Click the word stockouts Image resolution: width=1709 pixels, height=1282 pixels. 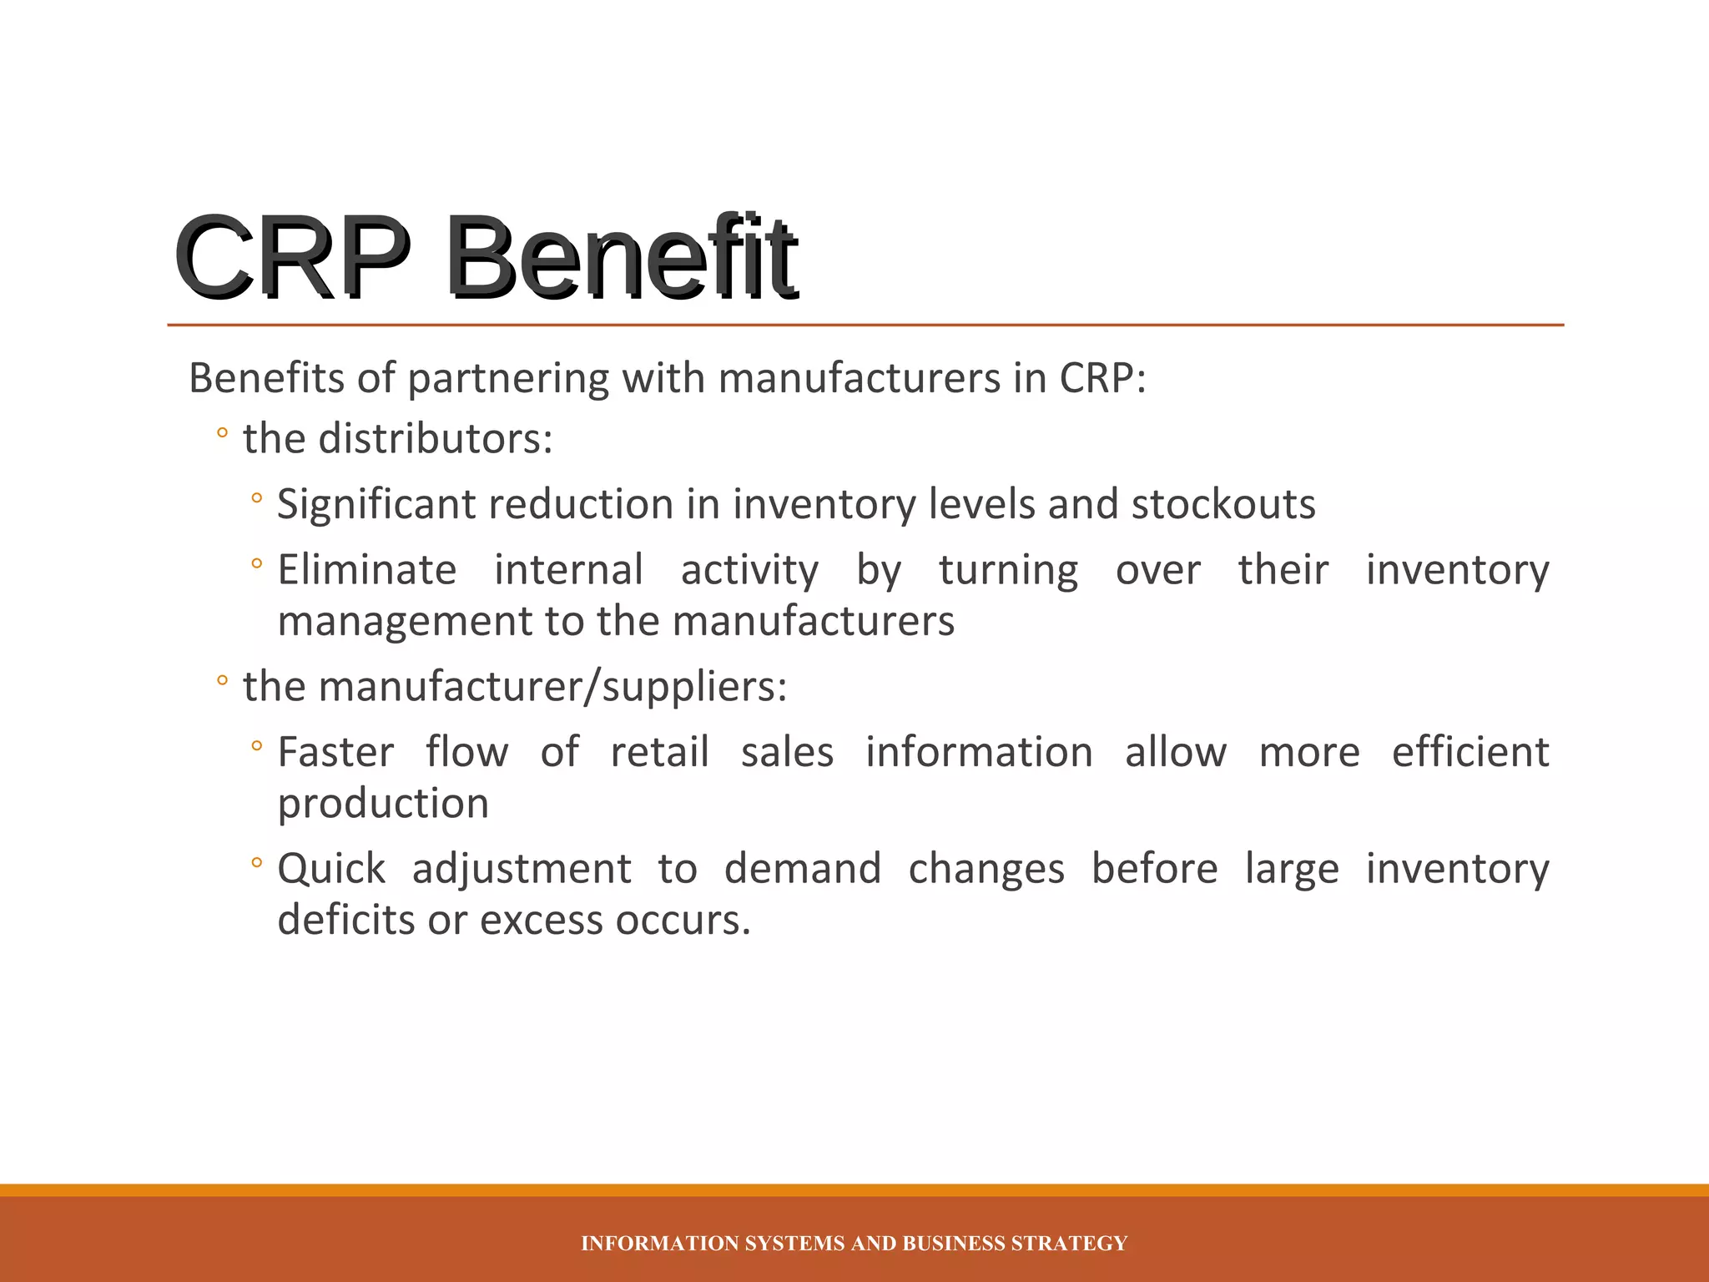(x=1223, y=505)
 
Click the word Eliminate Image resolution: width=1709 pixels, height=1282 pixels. (x=366, y=570)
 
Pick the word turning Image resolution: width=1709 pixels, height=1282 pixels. (x=1008, y=572)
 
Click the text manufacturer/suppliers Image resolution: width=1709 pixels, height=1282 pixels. (x=515, y=688)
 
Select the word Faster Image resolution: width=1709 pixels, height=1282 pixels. (x=335, y=752)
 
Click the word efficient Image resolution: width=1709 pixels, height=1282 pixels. (x=1470, y=752)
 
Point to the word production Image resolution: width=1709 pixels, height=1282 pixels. (x=383, y=805)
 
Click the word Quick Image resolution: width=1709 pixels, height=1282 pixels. (x=331, y=870)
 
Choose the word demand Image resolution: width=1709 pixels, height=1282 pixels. (x=802, y=869)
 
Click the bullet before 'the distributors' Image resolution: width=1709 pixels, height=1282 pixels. (x=221, y=434)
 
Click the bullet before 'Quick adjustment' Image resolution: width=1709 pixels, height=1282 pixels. (x=256, y=863)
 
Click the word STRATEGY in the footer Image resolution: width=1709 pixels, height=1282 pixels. (x=1069, y=1244)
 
